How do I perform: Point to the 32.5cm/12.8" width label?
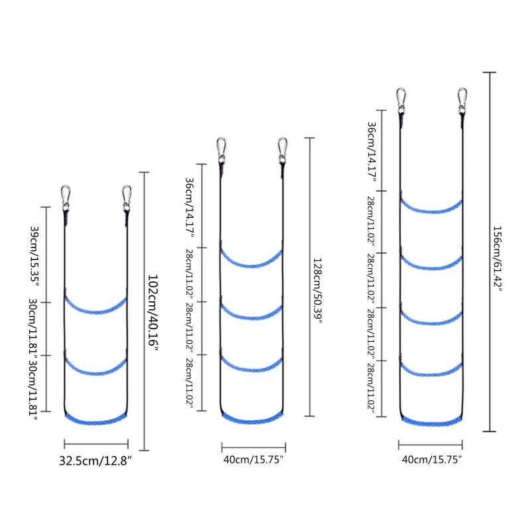pyautogui.click(x=96, y=461)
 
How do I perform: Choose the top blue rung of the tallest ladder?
pyautogui.click(x=431, y=207)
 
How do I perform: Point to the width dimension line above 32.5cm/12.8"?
pyautogui.click(x=96, y=444)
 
